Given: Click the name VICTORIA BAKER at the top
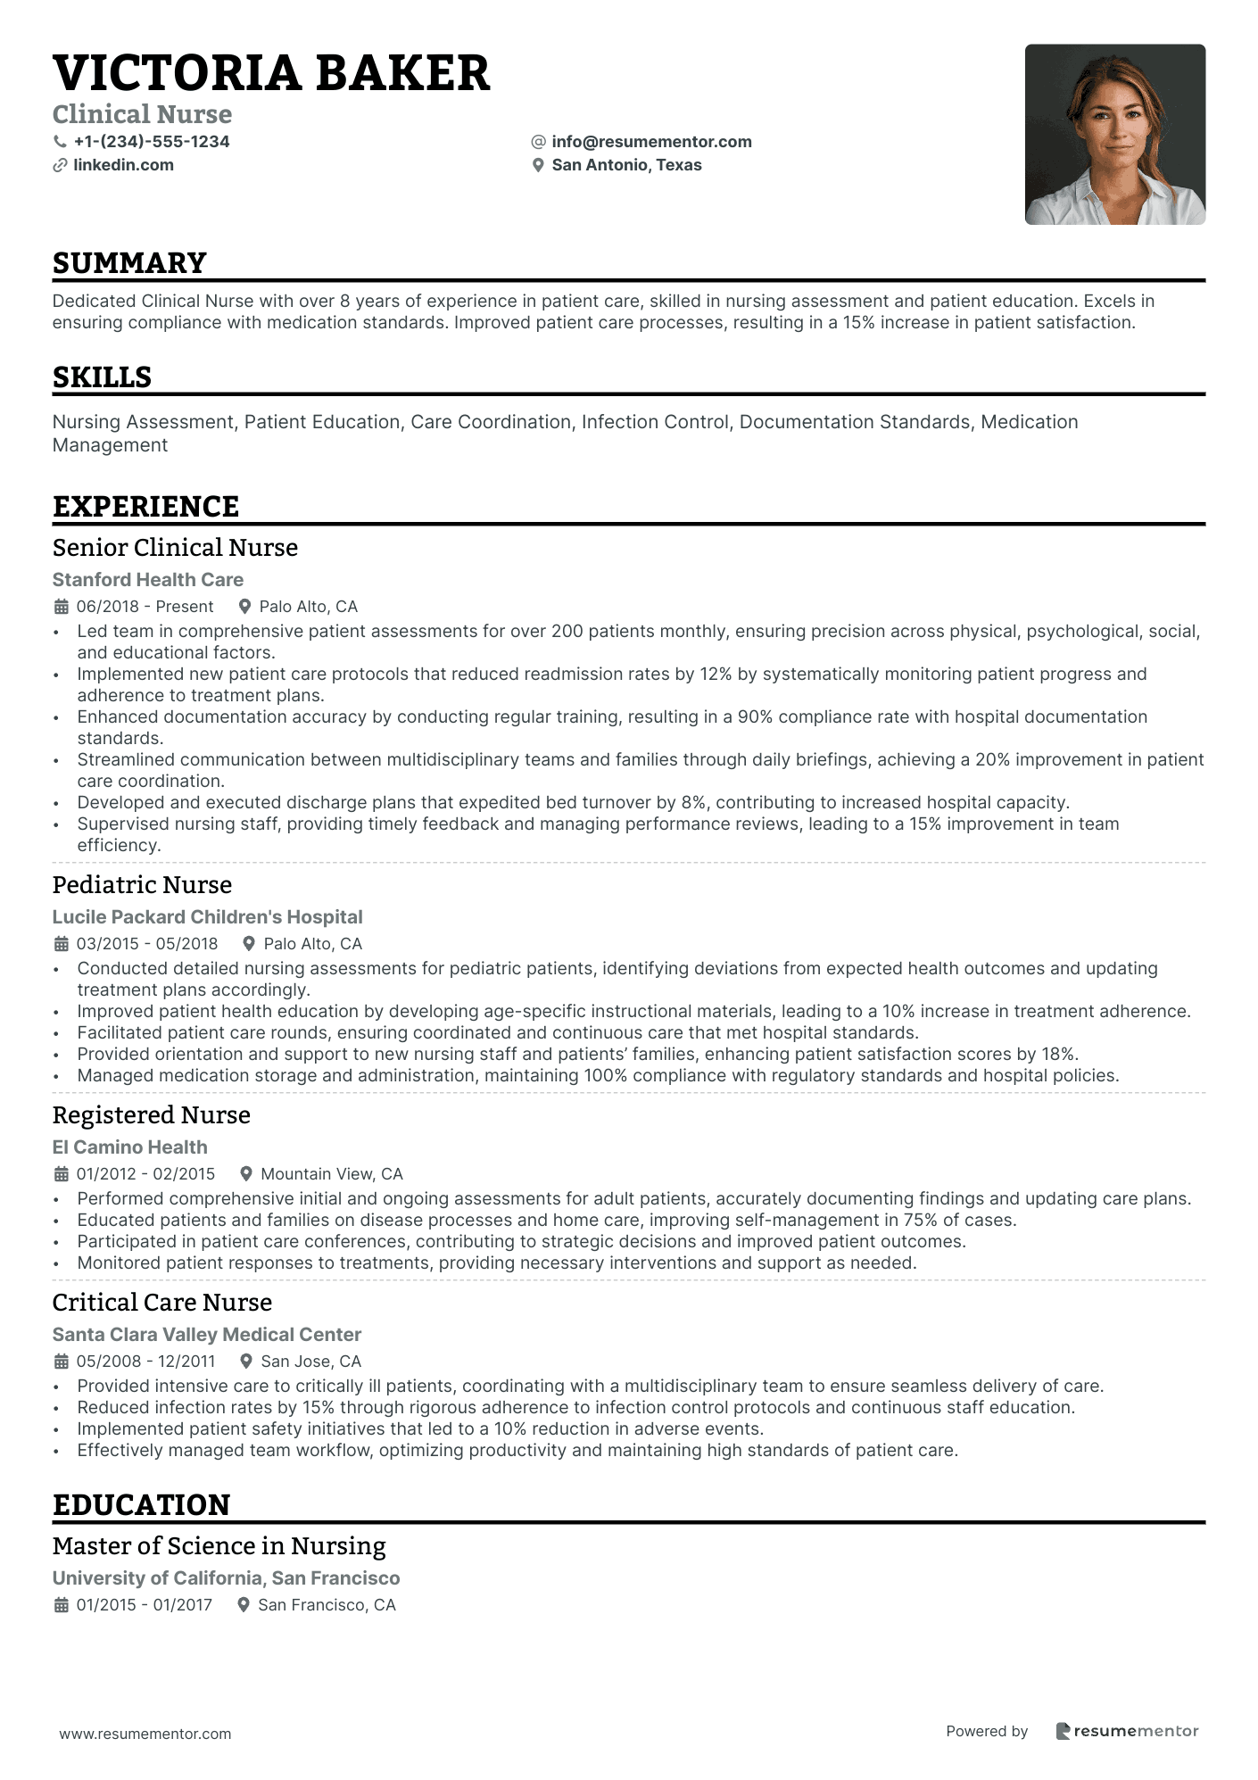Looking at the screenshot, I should pos(271,73).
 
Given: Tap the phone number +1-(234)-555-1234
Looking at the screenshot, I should pos(151,142).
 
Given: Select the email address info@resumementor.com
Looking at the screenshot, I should pos(651,142).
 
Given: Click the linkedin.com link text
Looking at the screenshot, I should pos(123,165).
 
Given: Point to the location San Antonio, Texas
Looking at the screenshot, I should pos(626,165).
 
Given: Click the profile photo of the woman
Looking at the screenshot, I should pos(1114,135).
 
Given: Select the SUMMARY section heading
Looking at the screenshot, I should pos(129,263).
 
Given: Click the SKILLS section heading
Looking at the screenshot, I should pos(102,377).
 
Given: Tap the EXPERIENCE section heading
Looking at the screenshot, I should pos(145,507).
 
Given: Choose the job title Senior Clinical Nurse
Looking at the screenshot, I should pos(175,548).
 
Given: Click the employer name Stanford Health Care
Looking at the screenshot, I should pos(148,580).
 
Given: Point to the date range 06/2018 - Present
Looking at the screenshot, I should pos(145,607).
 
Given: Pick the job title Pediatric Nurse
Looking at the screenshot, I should pos(142,885).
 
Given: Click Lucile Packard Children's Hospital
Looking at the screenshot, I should pos(207,917).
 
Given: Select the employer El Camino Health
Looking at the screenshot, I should pos(129,1147).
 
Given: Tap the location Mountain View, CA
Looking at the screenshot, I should pos(331,1174).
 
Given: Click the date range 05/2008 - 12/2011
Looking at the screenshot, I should pos(145,1362).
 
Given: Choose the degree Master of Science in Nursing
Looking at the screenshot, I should pos(219,1546).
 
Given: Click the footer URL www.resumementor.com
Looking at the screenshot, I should pos(145,1734).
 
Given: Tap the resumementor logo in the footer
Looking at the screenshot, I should pos(1128,1732).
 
